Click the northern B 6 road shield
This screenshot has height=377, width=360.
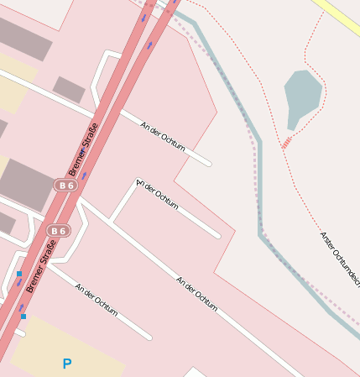point(65,184)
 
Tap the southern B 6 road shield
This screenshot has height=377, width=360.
point(58,230)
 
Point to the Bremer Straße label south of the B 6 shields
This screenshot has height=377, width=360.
point(39,267)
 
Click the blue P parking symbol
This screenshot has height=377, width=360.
point(67,364)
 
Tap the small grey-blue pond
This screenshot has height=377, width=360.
point(302,96)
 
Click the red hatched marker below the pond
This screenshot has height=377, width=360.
point(286,142)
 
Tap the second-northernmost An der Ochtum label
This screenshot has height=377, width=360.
point(157,195)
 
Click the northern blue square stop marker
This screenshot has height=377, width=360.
point(19,274)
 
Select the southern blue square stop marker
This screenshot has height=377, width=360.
point(23,316)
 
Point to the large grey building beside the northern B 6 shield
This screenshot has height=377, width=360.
point(25,184)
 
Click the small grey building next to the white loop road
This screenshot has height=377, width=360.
point(69,89)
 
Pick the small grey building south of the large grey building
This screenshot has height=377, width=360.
point(6,223)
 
